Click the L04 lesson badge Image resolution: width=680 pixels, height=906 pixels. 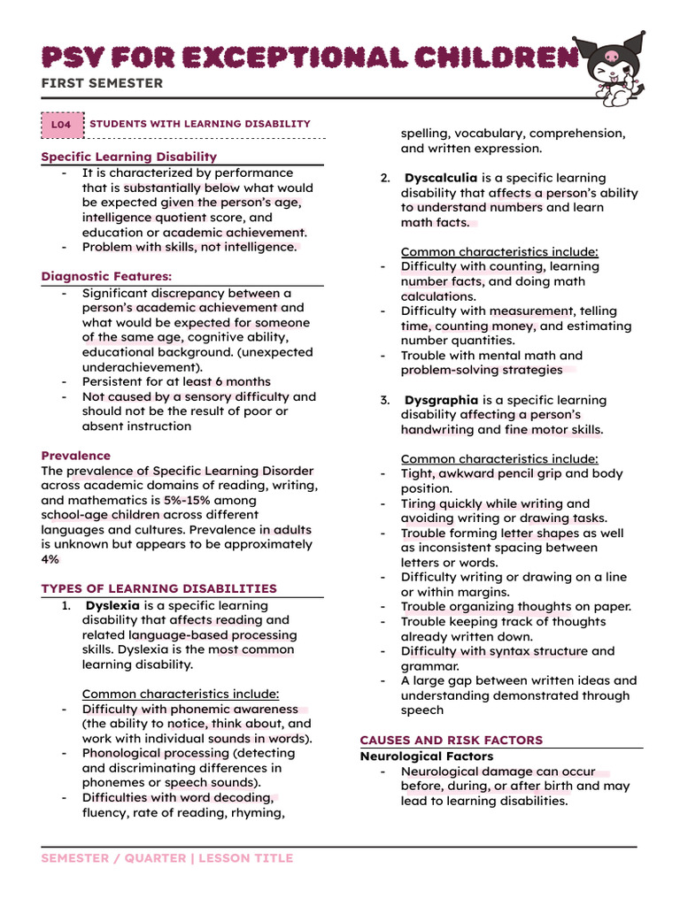tap(61, 125)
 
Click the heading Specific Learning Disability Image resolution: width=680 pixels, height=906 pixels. tap(129, 157)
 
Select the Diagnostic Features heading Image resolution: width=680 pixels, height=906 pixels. tap(106, 276)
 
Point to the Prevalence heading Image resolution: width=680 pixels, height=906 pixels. tap(76, 456)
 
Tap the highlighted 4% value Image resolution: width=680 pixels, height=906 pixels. tap(50, 559)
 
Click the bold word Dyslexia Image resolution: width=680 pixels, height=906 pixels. tap(113, 605)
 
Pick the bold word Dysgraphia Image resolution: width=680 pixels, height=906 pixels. tap(441, 400)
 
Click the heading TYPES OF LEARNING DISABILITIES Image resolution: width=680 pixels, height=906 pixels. tap(159, 588)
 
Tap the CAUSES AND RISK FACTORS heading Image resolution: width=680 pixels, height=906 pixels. tap(451, 740)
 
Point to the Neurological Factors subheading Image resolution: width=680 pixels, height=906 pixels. tap(426, 756)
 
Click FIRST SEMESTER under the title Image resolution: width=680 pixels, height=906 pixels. tap(102, 83)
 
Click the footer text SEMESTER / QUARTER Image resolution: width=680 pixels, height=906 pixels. tap(113, 858)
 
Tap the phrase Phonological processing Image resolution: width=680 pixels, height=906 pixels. tap(156, 753)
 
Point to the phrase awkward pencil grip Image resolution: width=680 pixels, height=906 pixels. tap(498, 473)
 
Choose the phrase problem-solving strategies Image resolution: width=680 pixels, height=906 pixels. tap(482, 370)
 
